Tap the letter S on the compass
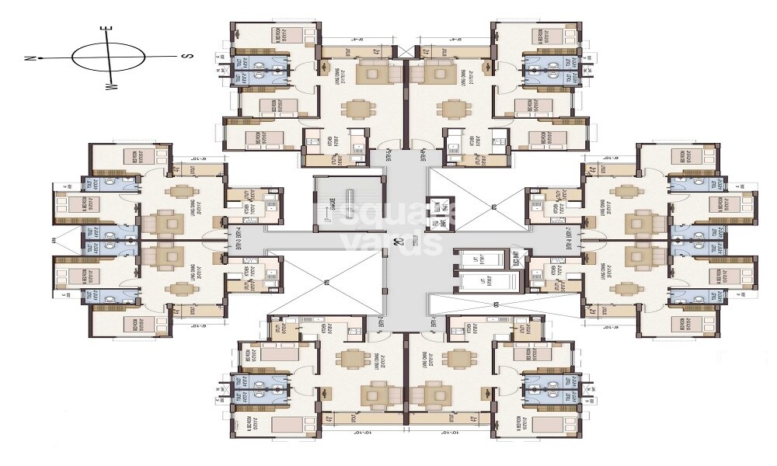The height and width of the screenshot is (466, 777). (186, 56)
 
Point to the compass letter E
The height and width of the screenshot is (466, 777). (110, 30)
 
